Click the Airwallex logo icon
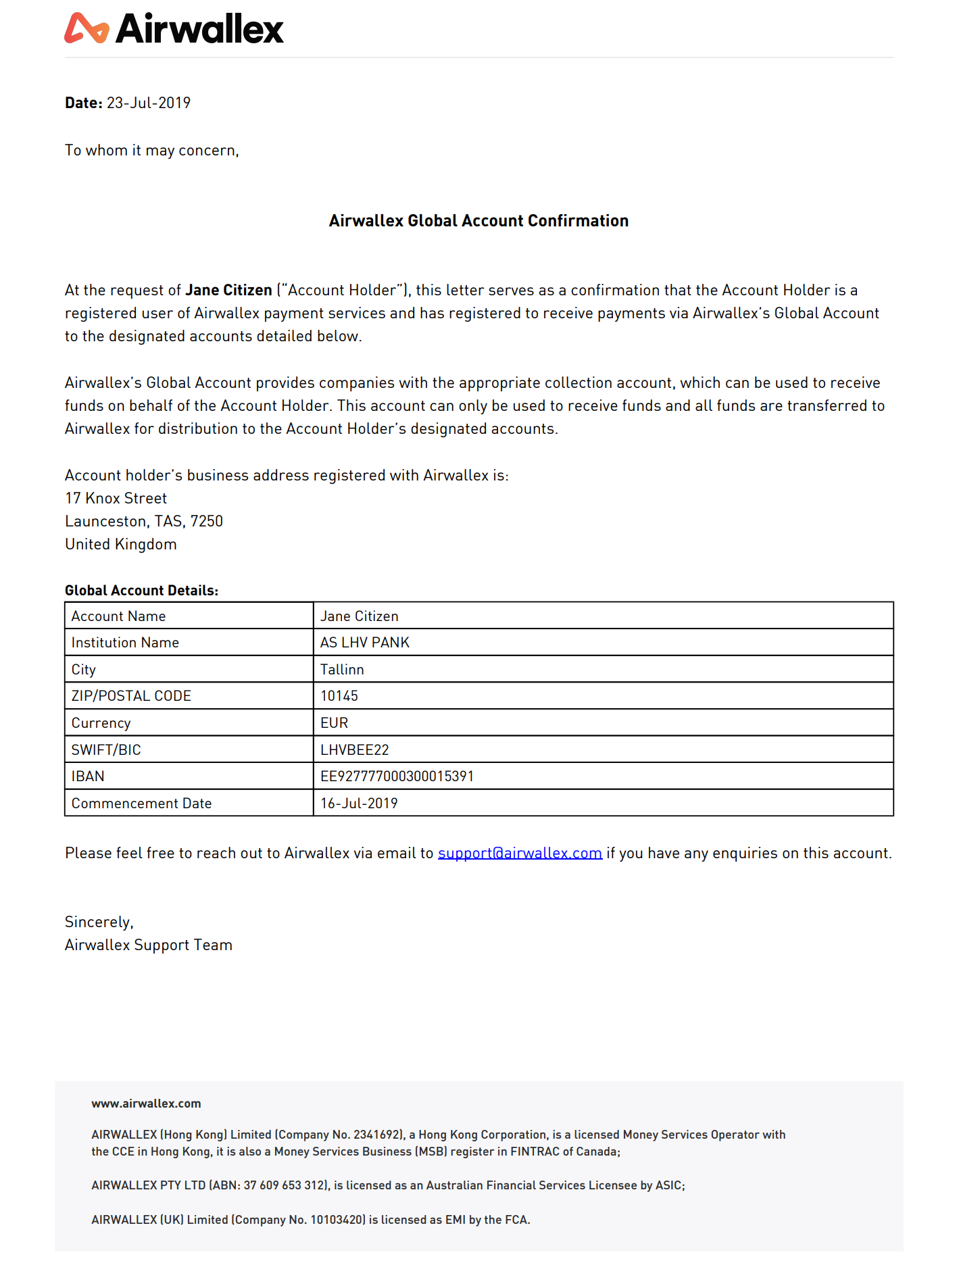point(87,28)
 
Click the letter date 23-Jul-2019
point(148,103)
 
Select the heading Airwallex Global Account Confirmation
point(478,221)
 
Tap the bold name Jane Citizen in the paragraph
point(228,291)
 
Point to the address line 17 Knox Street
point(116,499)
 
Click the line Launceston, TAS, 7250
point(144,522)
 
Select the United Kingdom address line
point(121,545)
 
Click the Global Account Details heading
point(141,591)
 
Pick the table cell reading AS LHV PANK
point(365,643)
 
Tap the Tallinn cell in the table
point(342,670)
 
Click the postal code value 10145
point(339,696)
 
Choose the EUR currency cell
point(334,723)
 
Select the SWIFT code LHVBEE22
point(355,750)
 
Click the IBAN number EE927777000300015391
point(397,776)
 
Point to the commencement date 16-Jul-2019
point(359,803)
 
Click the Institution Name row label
point(125,643)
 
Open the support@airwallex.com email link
point(520,854)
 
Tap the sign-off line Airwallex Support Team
point(149,945)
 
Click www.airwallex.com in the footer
point(146,1104)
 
